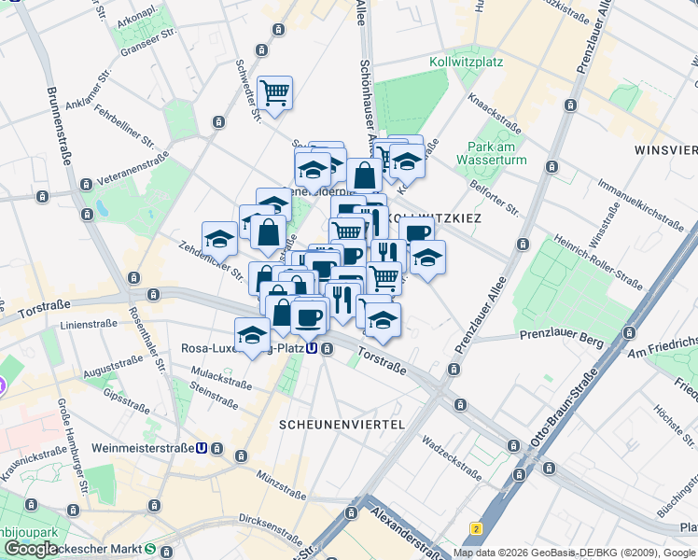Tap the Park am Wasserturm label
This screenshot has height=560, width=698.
coord(491,153)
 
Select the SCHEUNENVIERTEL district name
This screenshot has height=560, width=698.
coord(342,424)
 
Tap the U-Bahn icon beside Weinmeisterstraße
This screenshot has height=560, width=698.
coord(202,448)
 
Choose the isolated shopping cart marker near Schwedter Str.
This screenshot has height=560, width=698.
coord(275,93)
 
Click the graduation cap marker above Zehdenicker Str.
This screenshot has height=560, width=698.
coord(219,239)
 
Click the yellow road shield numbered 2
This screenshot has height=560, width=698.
coord(476,528)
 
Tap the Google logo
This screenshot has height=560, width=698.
coord(31,549)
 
